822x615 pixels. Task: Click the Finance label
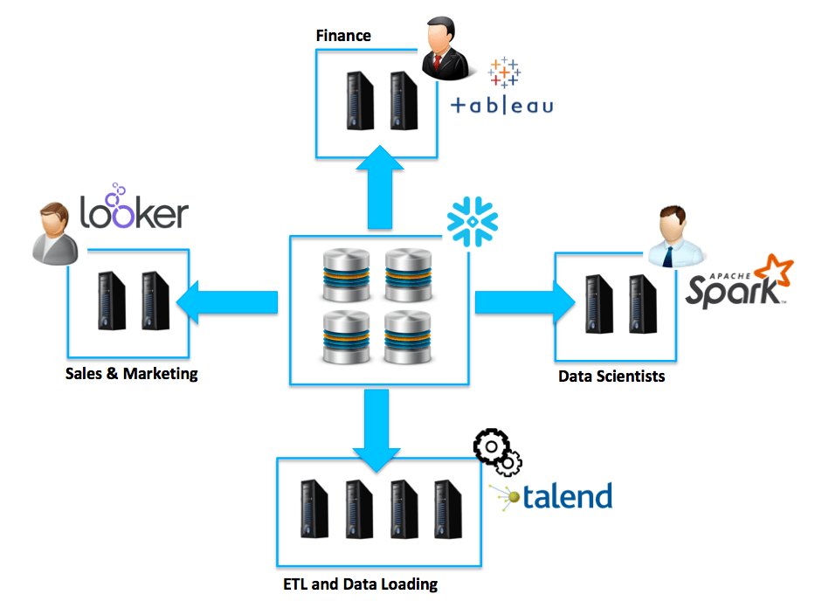coord(343,36)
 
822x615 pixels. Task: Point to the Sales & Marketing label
coord(132,374)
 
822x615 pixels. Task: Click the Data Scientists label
coord(611,377)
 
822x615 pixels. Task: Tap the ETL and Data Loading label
coord(360,584)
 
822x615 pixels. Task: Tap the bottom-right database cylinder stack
coord(409,336)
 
